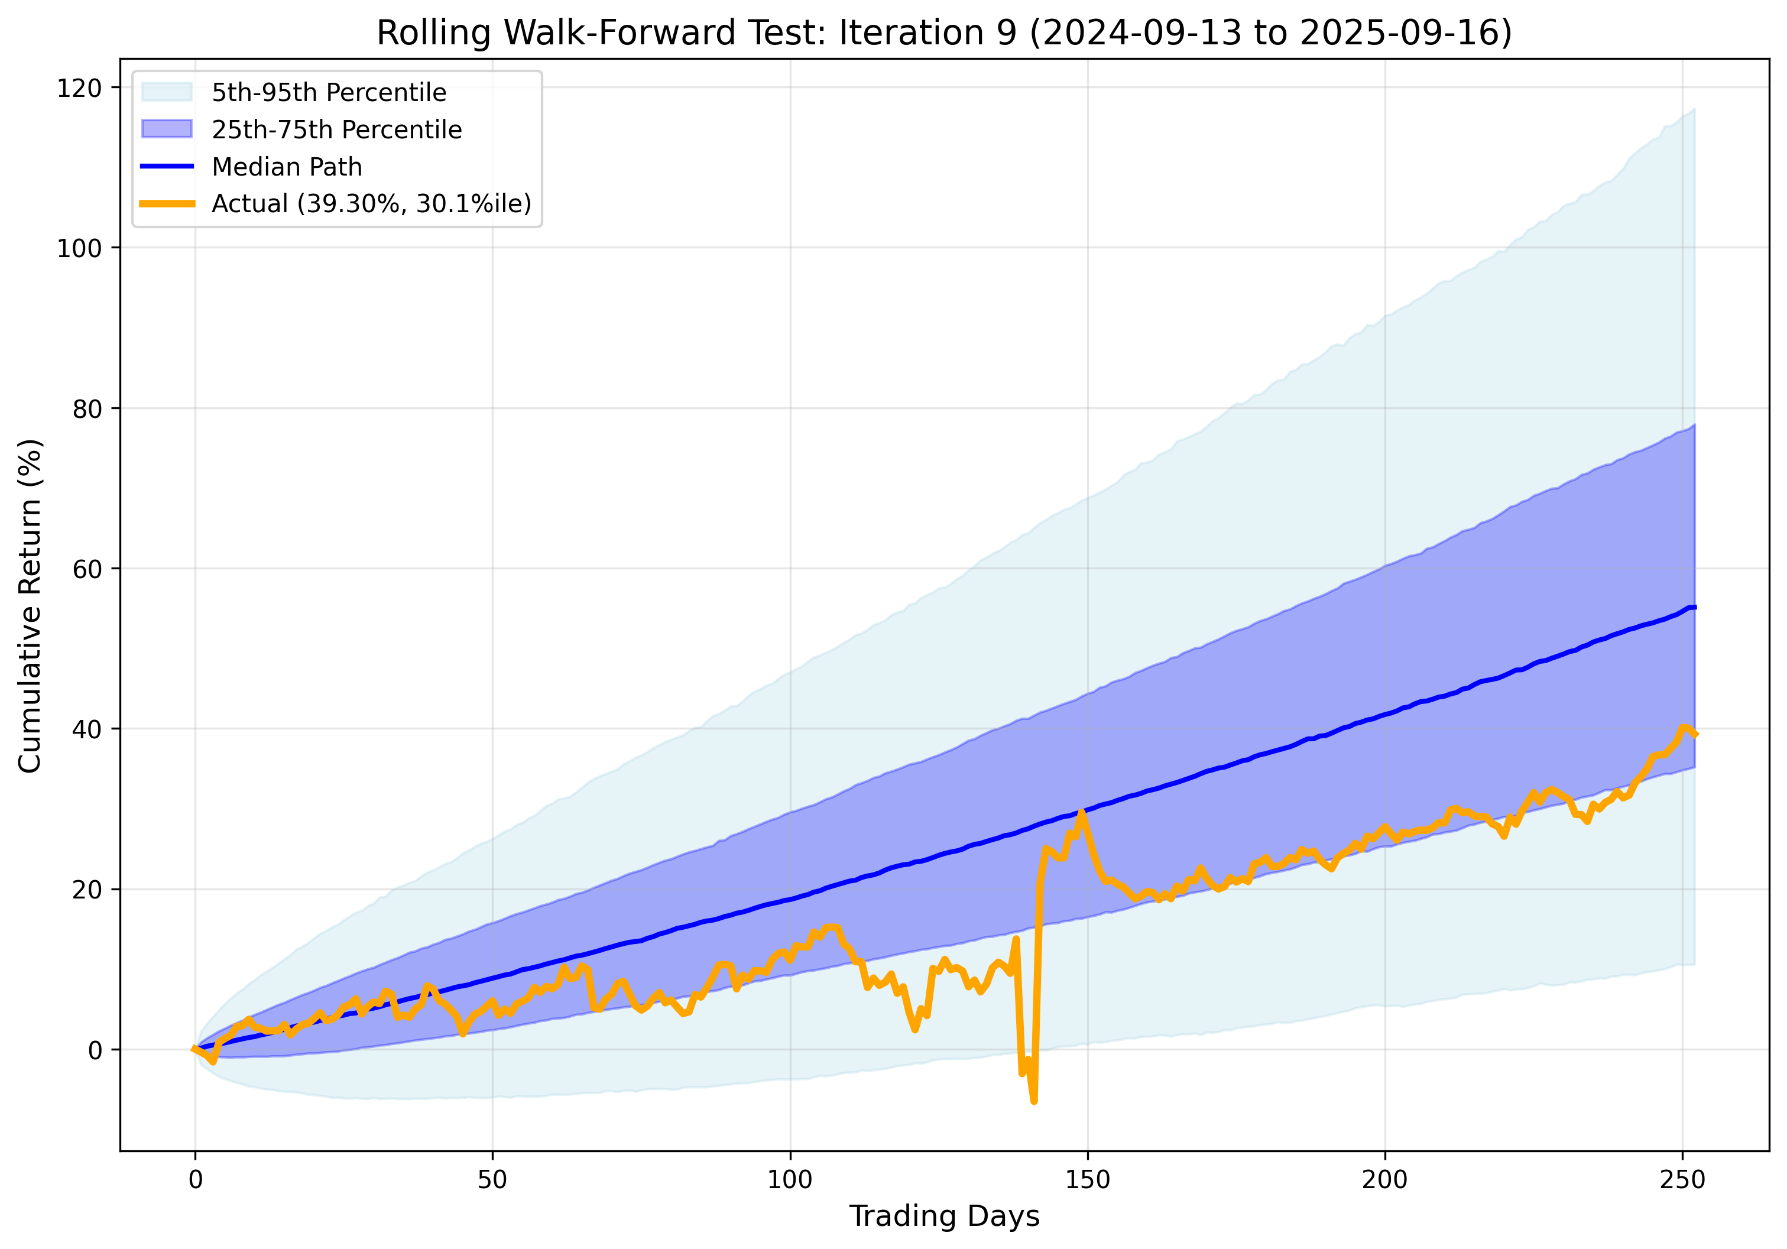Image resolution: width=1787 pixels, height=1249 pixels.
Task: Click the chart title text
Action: pos(944,34)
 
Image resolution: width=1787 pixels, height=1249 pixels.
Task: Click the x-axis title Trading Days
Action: pos(944,1215)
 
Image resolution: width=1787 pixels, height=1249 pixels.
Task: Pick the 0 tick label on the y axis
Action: pos(95,1050)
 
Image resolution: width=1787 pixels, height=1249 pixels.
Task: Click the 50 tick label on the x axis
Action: pos(492,1180)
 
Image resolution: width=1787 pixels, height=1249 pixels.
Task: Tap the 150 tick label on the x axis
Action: pos(1087,1180)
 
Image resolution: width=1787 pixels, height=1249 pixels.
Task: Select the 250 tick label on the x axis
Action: pos(1682,1180)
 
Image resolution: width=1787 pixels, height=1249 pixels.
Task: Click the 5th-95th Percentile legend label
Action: pos(329,93)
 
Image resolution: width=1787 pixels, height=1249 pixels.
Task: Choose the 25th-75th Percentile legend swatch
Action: pos(167,129)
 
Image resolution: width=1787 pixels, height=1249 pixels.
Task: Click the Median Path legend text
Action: pos(287,167)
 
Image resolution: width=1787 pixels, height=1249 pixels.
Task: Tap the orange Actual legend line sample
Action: pos(167,203)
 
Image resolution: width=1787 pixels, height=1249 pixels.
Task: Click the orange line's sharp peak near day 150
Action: pos(1081,812)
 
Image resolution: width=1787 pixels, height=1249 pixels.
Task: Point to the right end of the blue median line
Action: pos(1694,607)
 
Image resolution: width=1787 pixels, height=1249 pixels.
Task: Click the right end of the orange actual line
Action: pos(1694,734)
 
